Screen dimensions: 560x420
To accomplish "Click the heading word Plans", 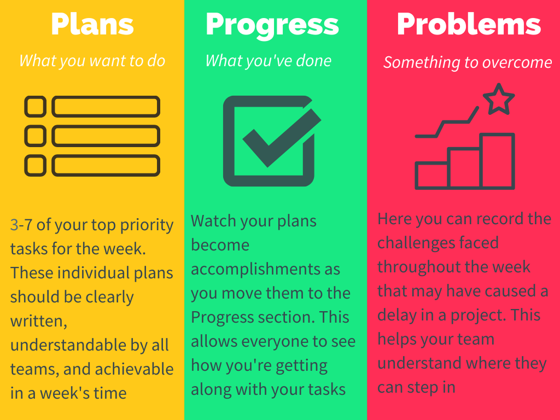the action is point(92,24).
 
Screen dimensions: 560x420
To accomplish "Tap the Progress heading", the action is point(272,26).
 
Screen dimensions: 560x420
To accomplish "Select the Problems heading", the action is point(469,24).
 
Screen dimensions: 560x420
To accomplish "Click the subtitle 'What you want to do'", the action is point(92,61).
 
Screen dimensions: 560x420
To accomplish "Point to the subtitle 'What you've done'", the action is point(268,61).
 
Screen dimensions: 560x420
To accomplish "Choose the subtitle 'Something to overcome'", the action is point(468,62).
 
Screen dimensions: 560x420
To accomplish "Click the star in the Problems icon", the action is point(499,100).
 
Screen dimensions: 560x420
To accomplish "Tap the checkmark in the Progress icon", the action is point(282,138).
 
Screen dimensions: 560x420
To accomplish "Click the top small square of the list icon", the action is point(36,107).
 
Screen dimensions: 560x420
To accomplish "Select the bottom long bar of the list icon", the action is point(106,165).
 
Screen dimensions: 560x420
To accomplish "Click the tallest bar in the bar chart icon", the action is point(497,161).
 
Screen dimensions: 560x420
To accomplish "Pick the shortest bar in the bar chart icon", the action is point(431,176).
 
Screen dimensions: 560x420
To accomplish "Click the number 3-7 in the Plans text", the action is point(21,225).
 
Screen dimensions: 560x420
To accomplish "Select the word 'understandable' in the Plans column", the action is point(68,345).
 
